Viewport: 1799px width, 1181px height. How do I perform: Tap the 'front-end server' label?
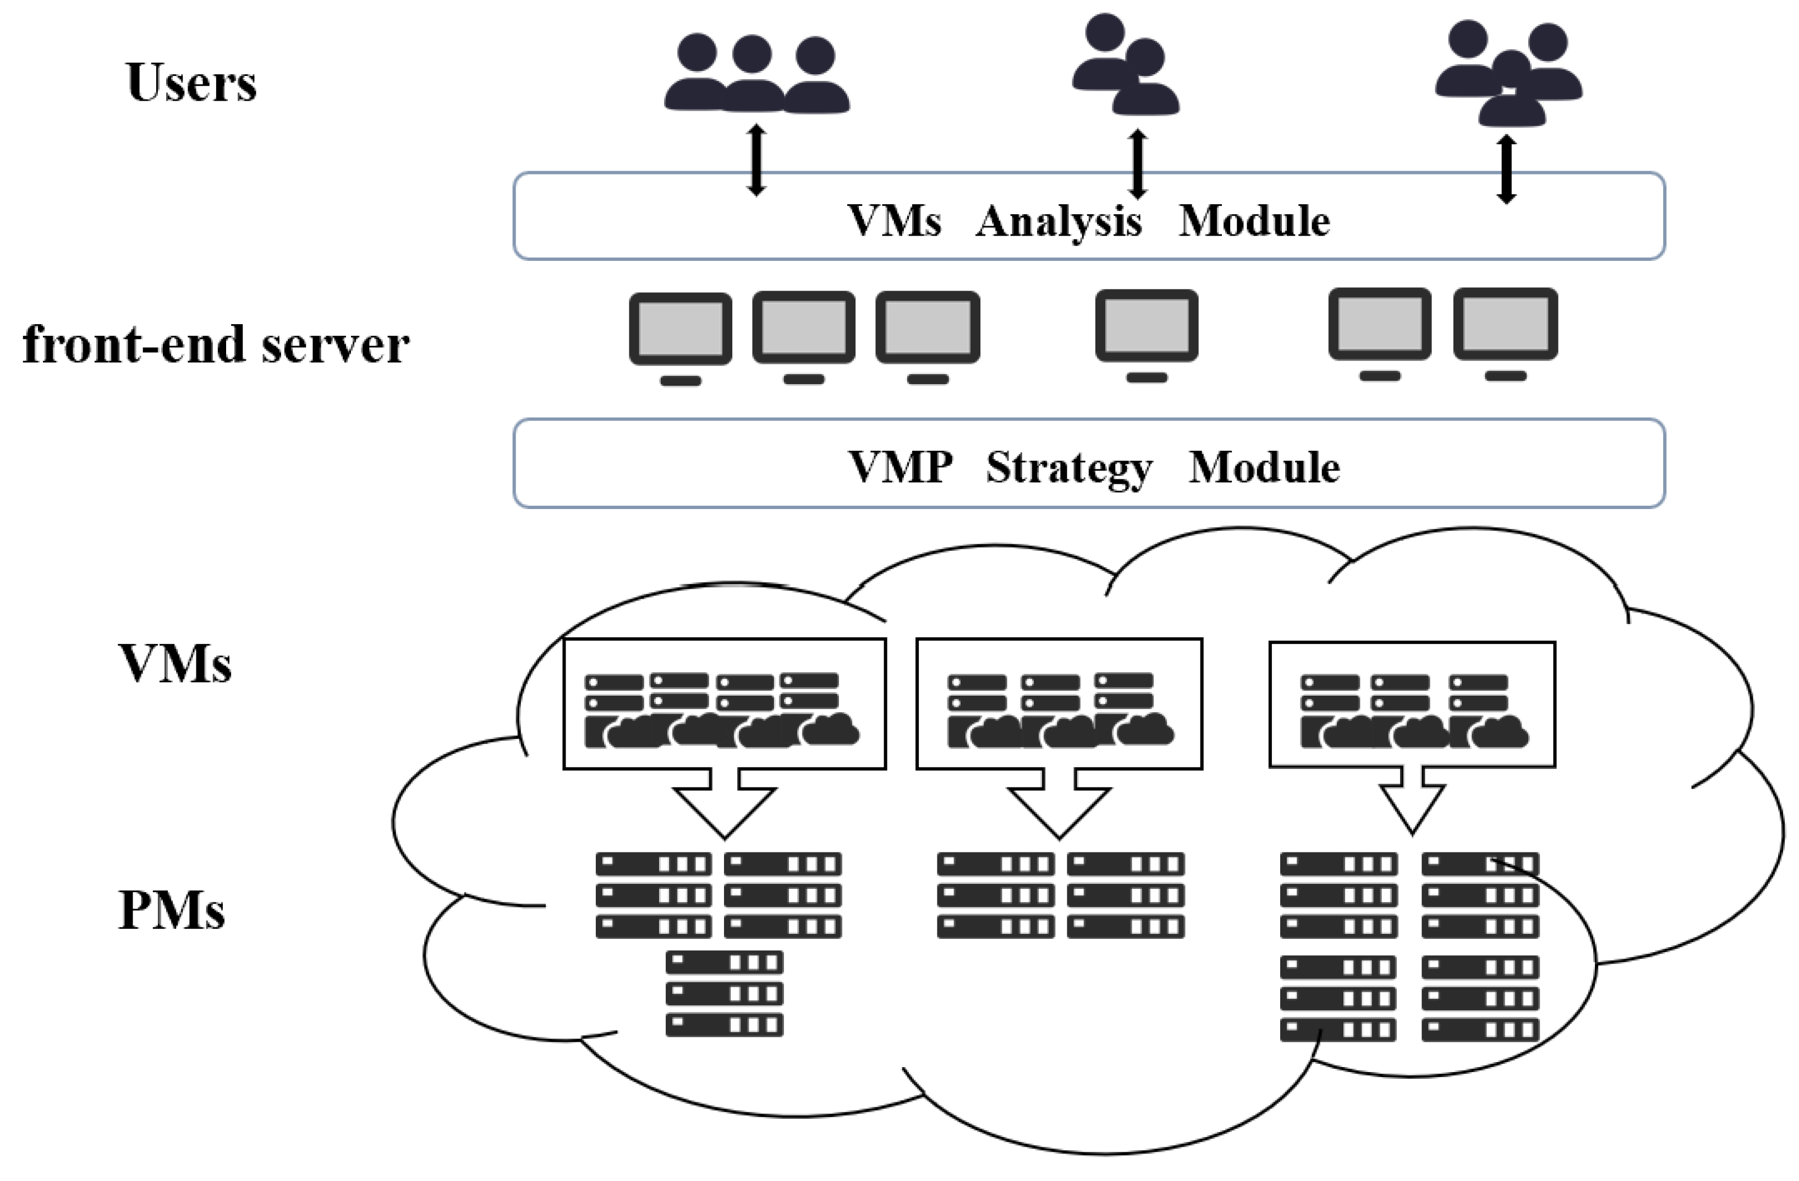coord(216,345)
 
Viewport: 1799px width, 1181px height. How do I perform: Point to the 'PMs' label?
coord(172,910)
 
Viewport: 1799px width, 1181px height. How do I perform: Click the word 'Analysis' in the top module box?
coord(1058,222)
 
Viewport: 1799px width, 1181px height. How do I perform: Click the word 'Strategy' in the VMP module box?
coord(1069,468)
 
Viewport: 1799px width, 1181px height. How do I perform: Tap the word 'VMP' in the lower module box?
coord(900,467)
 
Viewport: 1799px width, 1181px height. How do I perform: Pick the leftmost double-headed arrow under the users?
coord(756,160)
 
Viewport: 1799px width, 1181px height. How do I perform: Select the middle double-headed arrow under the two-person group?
coord(1138,164)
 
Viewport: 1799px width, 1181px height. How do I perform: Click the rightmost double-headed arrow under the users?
coord(1506,170)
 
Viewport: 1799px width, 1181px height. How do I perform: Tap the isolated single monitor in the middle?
coord(1147,333)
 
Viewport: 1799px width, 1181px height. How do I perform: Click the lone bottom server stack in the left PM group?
coord(724,993)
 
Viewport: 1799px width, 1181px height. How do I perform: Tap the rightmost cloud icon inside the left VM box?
coord(830,730)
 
